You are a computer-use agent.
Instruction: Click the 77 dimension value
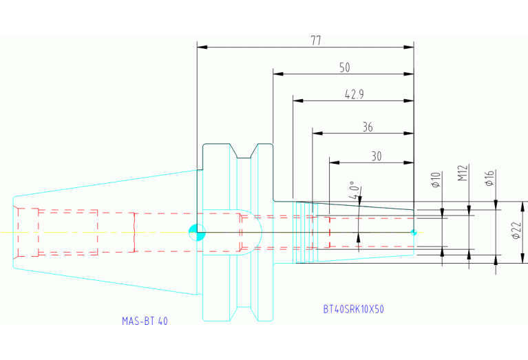[x=316, y=41]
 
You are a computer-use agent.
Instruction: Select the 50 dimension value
[x=345, y=67]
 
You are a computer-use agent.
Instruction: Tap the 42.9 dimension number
[x=355, y=94]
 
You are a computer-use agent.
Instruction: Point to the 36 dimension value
[x=368, y=127]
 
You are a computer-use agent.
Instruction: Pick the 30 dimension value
[x=377, y=156]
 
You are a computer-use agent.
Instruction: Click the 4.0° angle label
[x=353, y=190]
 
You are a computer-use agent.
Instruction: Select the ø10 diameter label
[x=436, y=180]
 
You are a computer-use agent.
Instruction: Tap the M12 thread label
[x=463, y=173]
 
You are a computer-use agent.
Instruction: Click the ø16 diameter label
[x=489, y=178]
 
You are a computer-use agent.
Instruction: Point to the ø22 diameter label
[x=516, y=231]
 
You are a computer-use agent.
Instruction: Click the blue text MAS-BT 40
[x=145, y=321]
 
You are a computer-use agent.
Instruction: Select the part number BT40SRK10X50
[x=354, y=309]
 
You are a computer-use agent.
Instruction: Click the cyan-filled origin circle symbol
[x=197, y=233]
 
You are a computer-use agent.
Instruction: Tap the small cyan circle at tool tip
[x=414, y=233]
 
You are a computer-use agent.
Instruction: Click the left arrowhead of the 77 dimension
[x=202, y=47]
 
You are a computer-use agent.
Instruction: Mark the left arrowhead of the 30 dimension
[x=335, y=162]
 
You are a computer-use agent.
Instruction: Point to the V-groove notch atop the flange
[x=244, y=151]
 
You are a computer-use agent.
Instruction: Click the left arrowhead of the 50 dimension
[x=278, y=74]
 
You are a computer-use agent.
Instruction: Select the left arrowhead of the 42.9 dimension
[x=298, y=100]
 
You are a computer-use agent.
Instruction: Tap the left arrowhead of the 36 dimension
[x=317, y=134]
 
